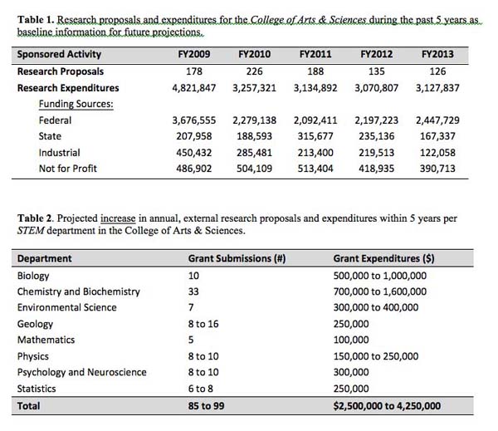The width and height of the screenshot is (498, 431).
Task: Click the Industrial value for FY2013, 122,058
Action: tap(437, 152)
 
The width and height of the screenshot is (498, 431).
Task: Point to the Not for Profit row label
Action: tap(67, 169)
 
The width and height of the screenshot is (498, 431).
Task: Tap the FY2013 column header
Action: tap(437, 54)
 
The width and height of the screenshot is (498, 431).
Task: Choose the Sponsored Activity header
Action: tap(59, 54)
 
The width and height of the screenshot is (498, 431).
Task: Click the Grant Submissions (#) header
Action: tap(237, 258)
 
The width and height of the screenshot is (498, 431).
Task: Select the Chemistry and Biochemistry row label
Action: tap(78, 291)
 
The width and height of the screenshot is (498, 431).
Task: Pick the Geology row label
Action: tap(35, 324)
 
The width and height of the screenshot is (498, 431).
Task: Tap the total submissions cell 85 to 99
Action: tap(208, 406)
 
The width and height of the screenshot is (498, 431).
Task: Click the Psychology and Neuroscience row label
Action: tap(81, 372)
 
